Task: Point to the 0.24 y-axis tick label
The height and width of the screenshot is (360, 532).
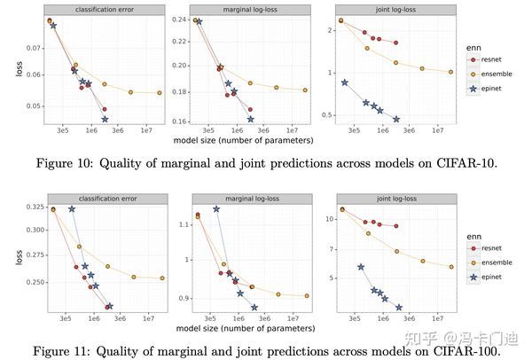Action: coord(178,20)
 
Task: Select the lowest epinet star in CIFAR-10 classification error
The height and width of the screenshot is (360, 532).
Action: coord(105,119)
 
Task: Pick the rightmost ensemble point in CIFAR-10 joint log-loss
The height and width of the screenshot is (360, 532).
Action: coord(450,72)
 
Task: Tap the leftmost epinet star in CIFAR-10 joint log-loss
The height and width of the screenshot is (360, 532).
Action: coord(345,82)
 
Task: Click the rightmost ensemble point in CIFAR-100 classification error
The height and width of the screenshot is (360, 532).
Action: coord(162,278)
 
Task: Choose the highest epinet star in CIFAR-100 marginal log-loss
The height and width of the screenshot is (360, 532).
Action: coord(216,209)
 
